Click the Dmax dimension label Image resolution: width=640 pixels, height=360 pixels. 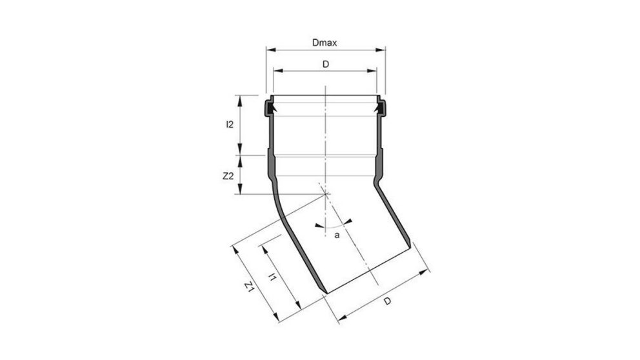coord(325,43)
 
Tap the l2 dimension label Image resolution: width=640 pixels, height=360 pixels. coord(230,125)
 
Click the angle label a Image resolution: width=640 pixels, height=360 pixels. coord(337,235)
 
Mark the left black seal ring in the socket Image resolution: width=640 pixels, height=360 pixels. coord(269,108)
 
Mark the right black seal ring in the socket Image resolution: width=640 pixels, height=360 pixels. coord(381,108)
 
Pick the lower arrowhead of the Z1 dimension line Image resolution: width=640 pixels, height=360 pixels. coord(281,320)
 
